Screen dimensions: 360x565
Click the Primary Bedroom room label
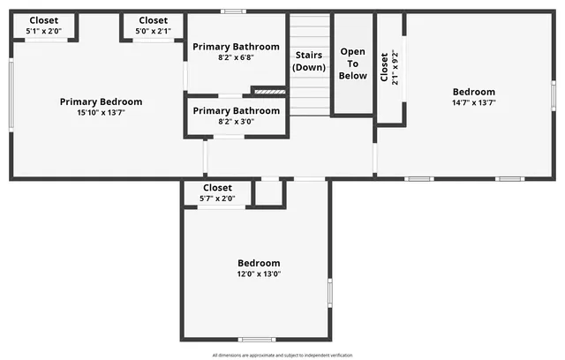pos(101,101)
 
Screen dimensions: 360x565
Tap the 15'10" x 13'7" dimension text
pos(101,113)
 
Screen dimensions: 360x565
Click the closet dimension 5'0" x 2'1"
pos(153,32)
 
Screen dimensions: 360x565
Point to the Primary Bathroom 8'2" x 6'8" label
pos(236,47)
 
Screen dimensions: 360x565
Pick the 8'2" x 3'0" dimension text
pos(236,123)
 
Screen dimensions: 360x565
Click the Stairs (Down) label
pos(309,60)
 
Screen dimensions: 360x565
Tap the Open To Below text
pos(353,64)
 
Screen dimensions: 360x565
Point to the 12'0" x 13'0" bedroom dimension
pos(259,274)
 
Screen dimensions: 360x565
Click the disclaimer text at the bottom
pos(282,355)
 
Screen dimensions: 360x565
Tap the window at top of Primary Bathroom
pos(233,11)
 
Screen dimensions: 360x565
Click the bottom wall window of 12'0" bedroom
pos(257,339)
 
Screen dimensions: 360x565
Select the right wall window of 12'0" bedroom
pos(329,292)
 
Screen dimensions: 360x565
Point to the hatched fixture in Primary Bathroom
pos(268,90)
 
